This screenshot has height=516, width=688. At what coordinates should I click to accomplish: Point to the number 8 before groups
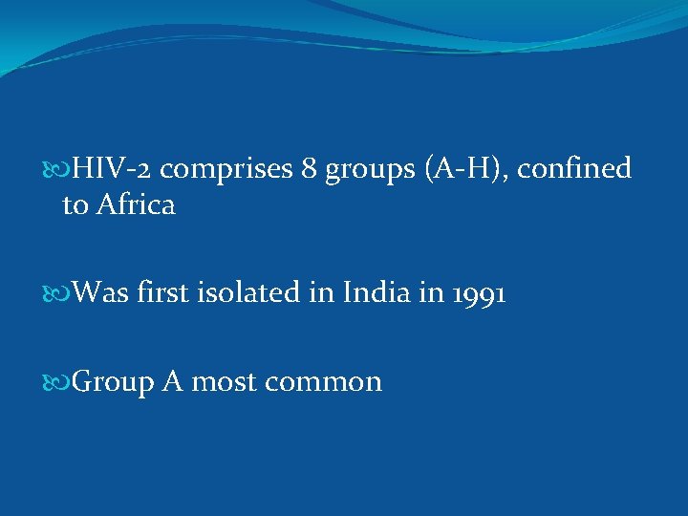(309, 169)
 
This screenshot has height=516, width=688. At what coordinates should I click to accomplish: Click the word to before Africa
(74, 205)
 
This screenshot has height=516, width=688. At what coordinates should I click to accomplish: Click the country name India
(365, 293)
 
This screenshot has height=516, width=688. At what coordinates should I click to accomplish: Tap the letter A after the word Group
(172, 381)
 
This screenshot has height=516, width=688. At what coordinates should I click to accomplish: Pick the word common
(323, 382)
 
